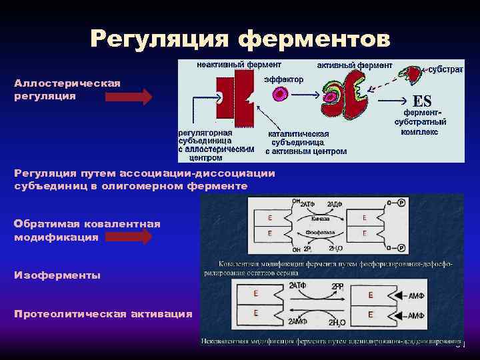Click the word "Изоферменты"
pyautogui.click(x=57, y=275)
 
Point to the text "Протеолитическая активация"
pyautogui.click(x=103, y=314)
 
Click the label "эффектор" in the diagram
pyautogui.click(x=283, y=79)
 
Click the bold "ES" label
pyautogui.click(x=423, y=101)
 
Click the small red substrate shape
pyautogui.click(x=414, y=71)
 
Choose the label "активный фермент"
pyautogui.click(x=354, y=65)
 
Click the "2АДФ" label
pyautogui.click(x=336, y=203)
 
